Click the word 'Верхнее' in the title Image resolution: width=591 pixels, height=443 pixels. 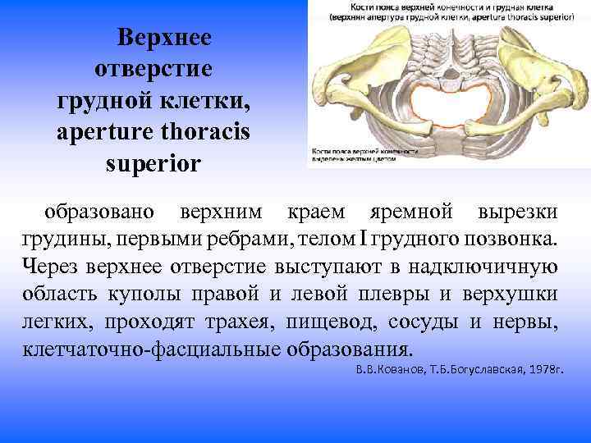coord(164,38)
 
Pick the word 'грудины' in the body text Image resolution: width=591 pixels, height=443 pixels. coord(62,240)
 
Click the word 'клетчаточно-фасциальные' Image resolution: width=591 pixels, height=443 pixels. coord(149,347)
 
